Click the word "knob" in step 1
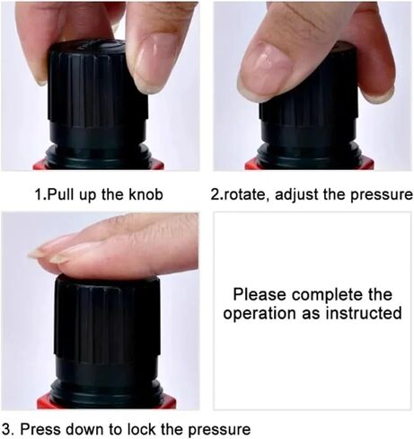coord(145,194)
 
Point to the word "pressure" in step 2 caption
coord(382,195)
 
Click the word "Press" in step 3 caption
coord(40,429)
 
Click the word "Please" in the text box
coord(260,294)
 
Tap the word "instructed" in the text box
coord(364,313)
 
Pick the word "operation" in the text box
coord(260,314)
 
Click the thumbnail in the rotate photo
coord(266,71)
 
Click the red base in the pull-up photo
coord(98,165)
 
